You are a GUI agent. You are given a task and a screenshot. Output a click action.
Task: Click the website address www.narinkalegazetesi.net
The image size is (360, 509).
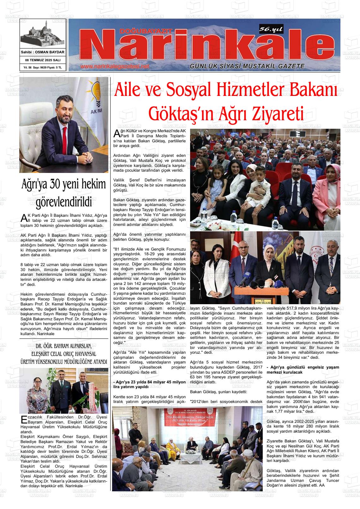click(114, 67)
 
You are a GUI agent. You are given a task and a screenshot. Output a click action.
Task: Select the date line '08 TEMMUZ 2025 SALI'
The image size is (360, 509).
click(43, 60)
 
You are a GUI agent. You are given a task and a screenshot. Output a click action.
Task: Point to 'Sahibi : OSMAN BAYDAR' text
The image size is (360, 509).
click(43, 52)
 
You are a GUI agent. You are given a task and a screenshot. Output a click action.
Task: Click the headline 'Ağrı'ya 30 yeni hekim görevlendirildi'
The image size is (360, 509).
click(63, 193)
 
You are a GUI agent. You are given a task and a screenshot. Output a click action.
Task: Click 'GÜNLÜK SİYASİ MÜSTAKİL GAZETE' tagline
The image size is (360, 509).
click(247, 66)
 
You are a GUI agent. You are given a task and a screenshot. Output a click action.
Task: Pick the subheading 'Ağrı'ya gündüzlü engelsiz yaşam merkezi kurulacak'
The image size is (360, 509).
click(303, 370)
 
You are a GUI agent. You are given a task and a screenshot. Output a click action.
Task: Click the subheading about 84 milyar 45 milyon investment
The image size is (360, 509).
click(149, 384)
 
